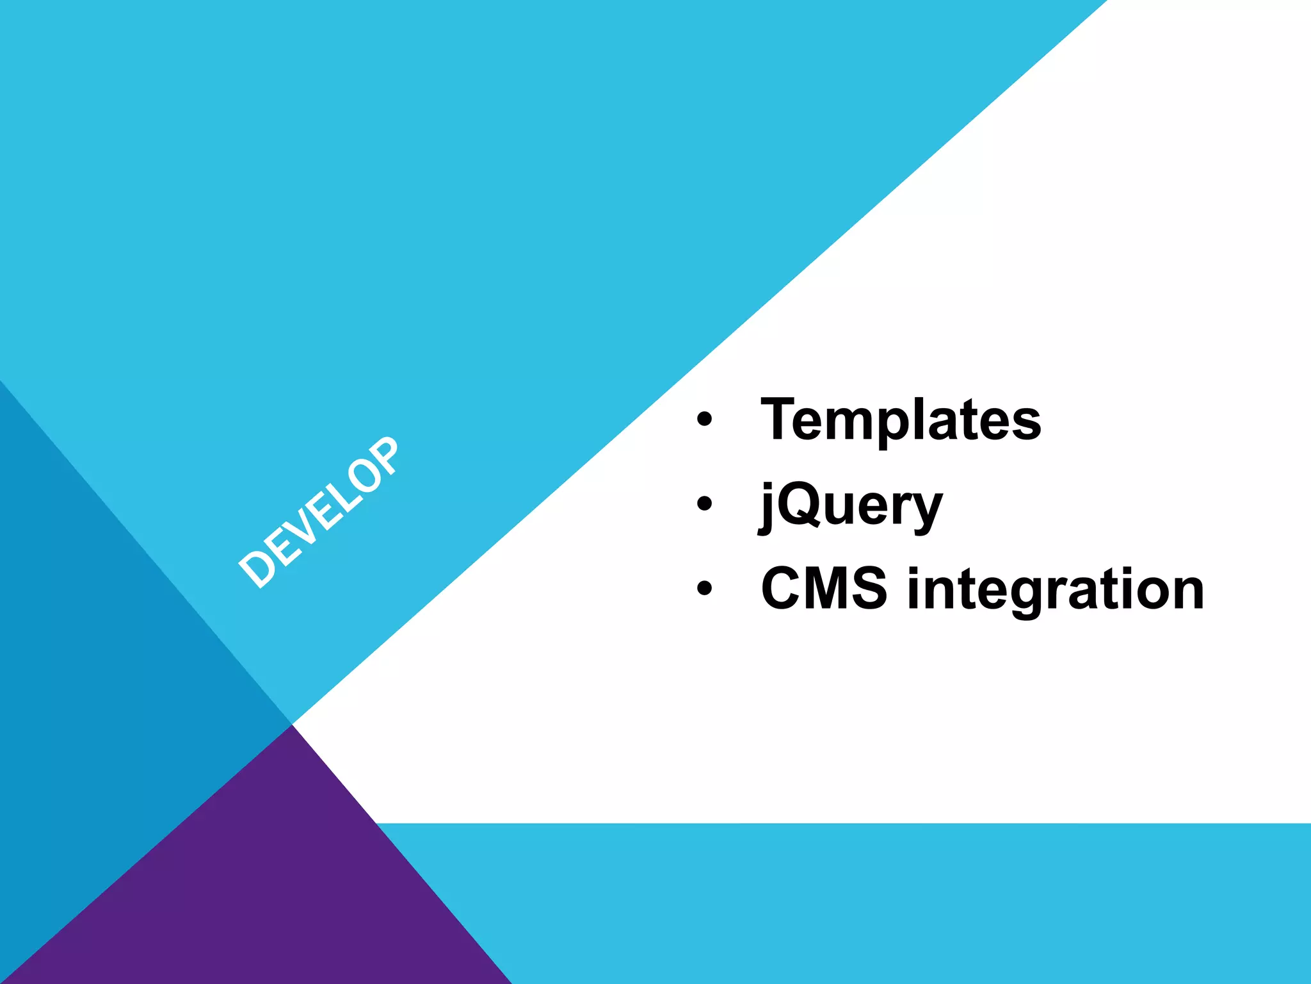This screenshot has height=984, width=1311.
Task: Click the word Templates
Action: [900, 420]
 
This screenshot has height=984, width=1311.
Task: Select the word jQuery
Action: [850, 506]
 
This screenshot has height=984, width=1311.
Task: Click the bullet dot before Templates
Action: [704, 419]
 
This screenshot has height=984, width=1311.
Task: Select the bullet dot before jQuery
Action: [704, 504]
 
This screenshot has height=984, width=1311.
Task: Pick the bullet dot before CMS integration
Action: [704, 588]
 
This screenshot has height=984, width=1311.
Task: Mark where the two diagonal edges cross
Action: [292, 725]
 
